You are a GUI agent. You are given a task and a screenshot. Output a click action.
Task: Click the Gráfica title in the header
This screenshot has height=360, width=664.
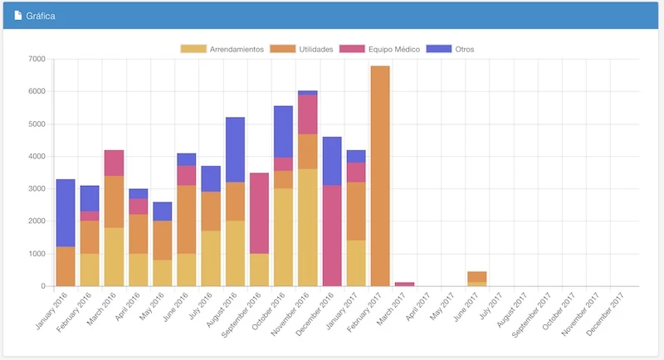tap(41, 16)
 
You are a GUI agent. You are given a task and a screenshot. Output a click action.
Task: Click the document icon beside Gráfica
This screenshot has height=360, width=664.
tap(18, 16)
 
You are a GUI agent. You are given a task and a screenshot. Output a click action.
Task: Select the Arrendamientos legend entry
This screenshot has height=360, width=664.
tap(222, 49)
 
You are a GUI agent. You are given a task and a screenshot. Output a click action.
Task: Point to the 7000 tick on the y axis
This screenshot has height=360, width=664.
tap(36, 59)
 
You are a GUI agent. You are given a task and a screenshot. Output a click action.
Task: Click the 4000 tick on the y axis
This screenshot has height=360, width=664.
tap(36, 157)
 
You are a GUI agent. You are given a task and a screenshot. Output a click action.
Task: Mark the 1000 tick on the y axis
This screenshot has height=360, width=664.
tap(36, 254)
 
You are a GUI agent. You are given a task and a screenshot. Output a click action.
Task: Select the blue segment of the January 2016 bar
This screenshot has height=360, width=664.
tap(66, 212)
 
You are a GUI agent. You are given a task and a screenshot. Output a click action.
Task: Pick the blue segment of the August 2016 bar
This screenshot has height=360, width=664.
tap(235, 149)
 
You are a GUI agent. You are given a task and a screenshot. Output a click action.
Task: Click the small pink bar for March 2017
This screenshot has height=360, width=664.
tap(404, 284)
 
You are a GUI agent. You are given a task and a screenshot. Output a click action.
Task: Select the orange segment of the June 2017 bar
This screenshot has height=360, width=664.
tap(476, 276)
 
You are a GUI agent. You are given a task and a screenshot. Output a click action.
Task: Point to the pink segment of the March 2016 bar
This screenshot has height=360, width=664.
tap(114, 163)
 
